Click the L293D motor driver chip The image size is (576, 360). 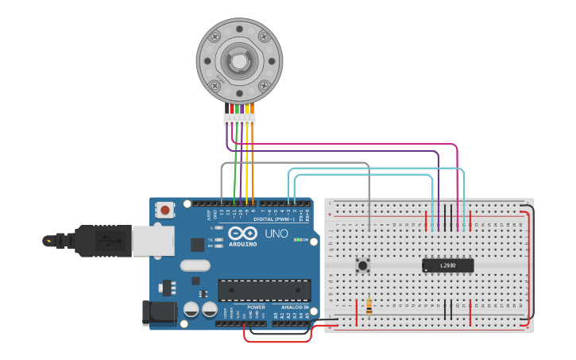[x=446, y=265]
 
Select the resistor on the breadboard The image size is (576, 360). [x=369, y=306]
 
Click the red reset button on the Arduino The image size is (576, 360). [x=164, y=211]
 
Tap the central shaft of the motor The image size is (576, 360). [x=238, y=59]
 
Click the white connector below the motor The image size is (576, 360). [x=239, y=119]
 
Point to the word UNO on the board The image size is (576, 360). [x=276, y=234]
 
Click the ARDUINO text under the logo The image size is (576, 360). [x=242, y=244]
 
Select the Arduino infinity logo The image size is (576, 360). [x=241, y=233]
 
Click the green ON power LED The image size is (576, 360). [x=299, y=238]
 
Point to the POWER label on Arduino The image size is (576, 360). [x=256, y=307]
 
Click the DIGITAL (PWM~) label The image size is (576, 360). [x=274, y=219]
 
